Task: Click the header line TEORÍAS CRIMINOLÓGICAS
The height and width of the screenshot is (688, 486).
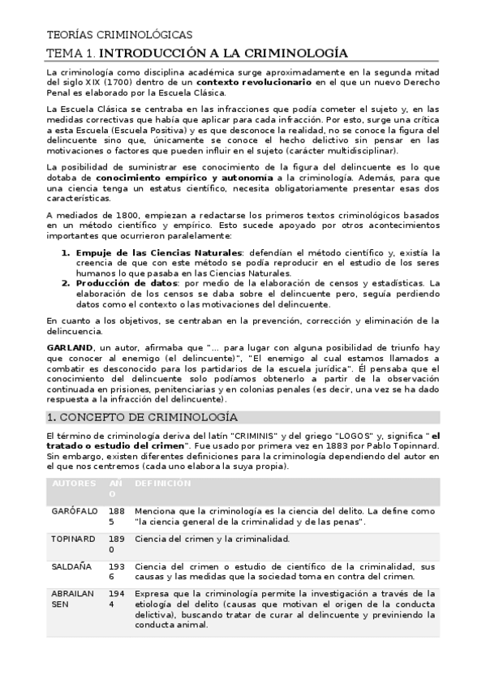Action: [x=120, y=35]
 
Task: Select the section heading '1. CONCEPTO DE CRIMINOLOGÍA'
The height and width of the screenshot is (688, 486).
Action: [x=143, y=417]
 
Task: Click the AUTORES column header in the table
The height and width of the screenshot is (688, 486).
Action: [x=74, y=484]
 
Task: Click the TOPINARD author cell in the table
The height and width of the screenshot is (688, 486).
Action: [x=74, y=539]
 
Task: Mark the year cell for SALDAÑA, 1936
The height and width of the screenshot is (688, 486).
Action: [x=117, y=571]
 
